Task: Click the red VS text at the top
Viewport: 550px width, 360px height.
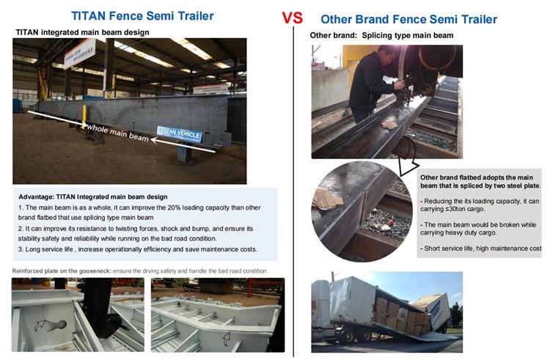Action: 292,18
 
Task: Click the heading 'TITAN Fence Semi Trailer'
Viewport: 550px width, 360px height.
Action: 142,16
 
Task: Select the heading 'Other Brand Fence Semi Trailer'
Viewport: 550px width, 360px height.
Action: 409,19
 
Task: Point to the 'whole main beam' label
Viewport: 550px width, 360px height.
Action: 117,133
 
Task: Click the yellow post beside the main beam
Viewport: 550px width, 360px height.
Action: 84,117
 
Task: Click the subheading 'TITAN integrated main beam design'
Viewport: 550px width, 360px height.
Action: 82,32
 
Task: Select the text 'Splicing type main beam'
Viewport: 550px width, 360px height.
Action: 408,35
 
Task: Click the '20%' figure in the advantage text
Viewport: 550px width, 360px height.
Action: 174,207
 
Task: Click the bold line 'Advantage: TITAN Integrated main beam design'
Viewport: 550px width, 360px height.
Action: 93,197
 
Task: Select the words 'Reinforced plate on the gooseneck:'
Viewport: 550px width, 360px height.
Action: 62,271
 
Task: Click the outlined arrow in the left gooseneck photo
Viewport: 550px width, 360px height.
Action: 40,326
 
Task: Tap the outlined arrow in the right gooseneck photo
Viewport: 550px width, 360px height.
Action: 227,339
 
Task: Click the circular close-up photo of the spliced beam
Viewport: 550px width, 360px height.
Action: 362,212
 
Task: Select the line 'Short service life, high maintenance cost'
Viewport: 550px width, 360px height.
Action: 481,249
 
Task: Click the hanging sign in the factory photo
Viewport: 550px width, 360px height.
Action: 80,54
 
